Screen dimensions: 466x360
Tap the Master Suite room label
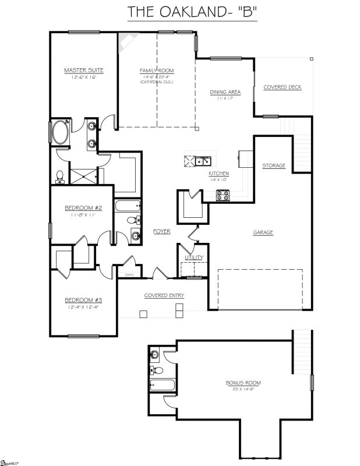pos(84,70)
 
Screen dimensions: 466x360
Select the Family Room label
pos(156,70)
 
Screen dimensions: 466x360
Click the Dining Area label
pos(225,92)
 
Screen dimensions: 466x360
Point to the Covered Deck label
pos(283,87)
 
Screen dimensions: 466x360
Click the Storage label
pos(273,165)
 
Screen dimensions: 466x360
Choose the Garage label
pos(263,232)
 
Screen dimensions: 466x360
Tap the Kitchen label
pos(218,174)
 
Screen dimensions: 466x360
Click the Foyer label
pos(161,231)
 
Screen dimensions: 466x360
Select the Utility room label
pos(193,257)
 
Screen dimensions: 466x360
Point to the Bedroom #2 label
pos(79,208)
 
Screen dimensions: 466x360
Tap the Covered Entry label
pos(164,295)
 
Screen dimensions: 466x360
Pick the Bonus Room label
pos(243,383)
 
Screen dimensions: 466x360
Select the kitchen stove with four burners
pos(223,196)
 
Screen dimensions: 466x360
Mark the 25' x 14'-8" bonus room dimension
pos(243,389)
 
